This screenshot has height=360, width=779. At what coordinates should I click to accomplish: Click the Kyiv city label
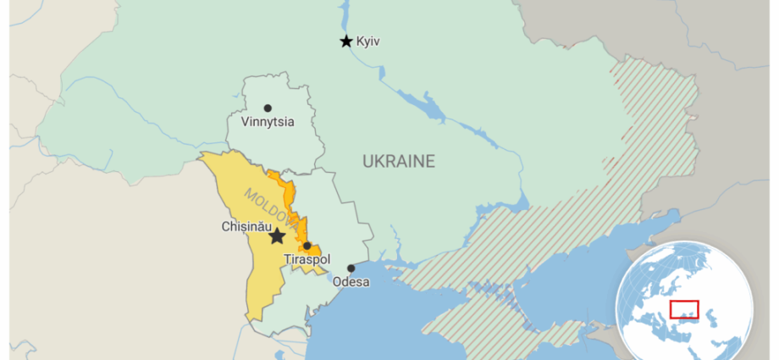[x=368, y=41]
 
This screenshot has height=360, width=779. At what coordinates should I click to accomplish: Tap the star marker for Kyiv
[x=345, y=41]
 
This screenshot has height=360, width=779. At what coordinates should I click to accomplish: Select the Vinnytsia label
[x=268, y=122]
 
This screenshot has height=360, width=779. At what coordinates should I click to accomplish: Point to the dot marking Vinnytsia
[x=268, y=108]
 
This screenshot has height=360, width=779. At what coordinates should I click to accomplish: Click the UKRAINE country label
[x=398, y=161]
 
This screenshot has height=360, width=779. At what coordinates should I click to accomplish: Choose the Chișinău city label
[x=245, y=227]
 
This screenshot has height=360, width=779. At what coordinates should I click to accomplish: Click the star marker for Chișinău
[x=277, y=236]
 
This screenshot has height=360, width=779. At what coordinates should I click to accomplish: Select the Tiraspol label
[x=307, y=259]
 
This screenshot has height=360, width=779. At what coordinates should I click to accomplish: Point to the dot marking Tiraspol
[x=307, y=246]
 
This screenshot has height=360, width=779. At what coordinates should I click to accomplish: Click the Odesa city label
[x=351, y=281]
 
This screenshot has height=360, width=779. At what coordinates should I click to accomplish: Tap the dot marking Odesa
[x=351, y=269]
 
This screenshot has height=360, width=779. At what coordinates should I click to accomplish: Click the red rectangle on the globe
[x=684, y=309]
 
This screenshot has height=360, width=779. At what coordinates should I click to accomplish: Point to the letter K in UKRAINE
[x=381, y=161]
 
